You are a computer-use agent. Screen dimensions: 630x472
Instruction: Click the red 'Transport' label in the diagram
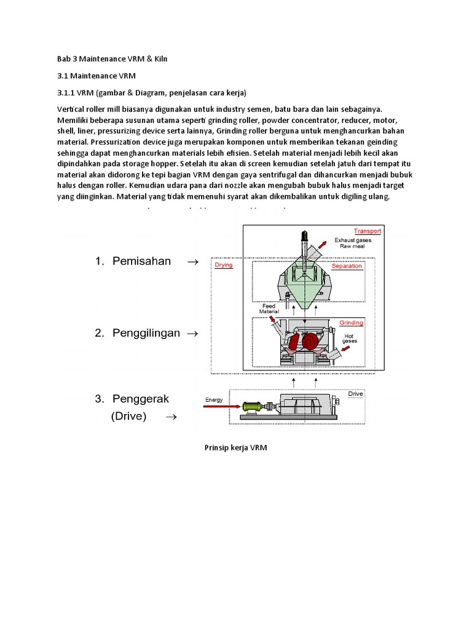(368, 231)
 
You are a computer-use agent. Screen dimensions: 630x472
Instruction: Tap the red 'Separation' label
(347, 266)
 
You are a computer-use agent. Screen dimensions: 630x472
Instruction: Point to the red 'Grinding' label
(351, 322)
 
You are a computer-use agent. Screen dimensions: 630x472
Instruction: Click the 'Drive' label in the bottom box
(356, 393)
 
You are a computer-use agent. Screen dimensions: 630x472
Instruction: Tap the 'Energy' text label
(214, 399)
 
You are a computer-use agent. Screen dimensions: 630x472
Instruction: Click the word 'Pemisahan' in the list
(141, 261)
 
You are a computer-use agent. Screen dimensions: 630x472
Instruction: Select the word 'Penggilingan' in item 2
(146, 333)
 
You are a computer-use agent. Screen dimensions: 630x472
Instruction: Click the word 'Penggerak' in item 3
(140, 399)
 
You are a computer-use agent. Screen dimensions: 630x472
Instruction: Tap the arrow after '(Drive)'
(171, 417)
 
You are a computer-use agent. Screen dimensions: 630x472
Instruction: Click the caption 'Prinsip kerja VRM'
(235, 449)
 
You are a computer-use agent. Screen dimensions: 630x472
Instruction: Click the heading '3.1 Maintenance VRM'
(95, 76)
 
